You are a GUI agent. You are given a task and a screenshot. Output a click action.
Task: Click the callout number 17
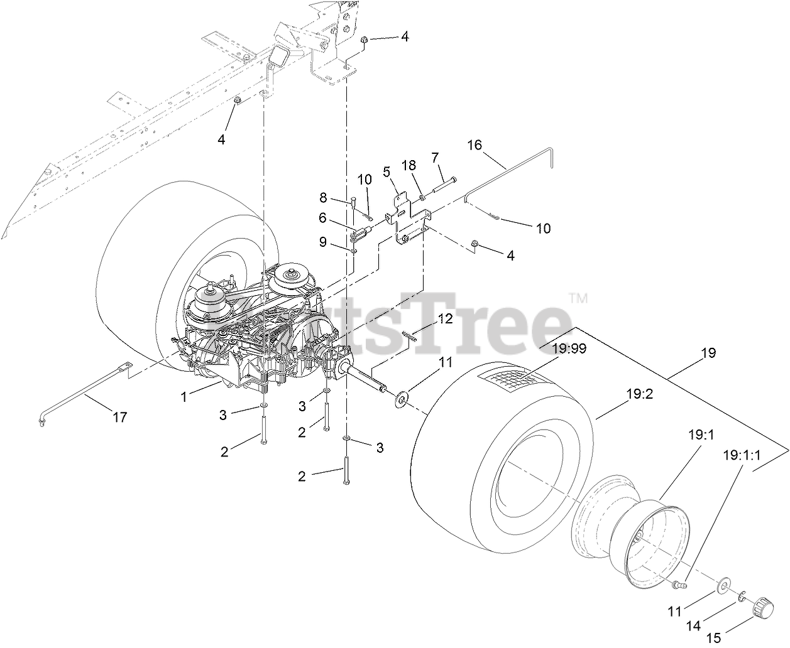pos(119,416)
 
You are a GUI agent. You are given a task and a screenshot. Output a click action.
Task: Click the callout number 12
pos(445,318)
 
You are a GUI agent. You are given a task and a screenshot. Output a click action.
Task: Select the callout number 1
pos(184,396)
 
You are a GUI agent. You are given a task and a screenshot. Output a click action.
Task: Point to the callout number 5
pos(387,171)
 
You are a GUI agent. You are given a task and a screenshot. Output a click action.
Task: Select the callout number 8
pos(323,198)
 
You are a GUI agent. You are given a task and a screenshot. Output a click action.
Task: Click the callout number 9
pos(323,241)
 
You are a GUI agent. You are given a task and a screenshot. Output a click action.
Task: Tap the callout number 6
pos(322,218)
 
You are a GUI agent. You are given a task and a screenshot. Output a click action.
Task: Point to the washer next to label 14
pos(743,595)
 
